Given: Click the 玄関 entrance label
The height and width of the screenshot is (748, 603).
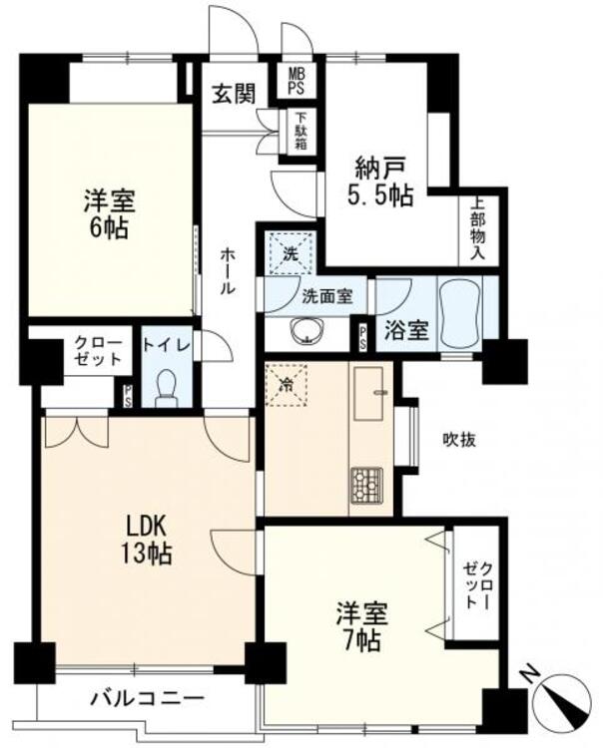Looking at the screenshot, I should [234, 94].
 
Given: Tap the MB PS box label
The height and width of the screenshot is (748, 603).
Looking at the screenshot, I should [298, 81].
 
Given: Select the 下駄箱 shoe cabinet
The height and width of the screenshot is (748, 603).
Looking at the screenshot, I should [300, 133].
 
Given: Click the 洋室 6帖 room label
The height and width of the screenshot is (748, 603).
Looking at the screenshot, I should [108, 213].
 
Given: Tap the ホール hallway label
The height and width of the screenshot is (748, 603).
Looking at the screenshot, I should [228, 270].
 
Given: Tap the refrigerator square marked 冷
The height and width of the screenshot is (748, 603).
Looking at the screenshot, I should [287, 382].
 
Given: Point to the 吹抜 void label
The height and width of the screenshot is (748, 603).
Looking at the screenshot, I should [458, 439].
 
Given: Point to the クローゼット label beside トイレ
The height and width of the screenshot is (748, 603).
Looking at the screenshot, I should [98, 351].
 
